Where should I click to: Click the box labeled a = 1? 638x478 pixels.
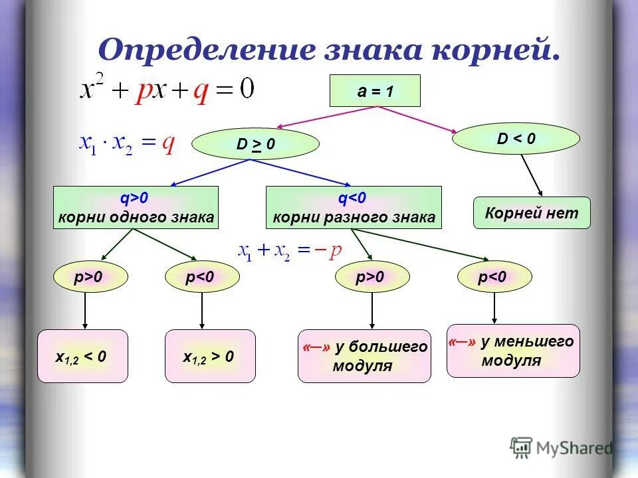(x=375, y=91)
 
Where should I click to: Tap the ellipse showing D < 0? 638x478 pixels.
(x=516, y=139)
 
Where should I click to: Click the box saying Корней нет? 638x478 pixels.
(x=532, y=213)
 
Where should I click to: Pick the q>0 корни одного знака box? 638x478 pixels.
(x=136, y=208)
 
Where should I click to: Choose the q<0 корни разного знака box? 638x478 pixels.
(x=353, y=208)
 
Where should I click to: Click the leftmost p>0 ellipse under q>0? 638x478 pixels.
(x=88, y=278)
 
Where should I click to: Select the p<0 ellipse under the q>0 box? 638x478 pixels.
(x=201, y=278)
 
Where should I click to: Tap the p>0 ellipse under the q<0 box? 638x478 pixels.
(x=371, y=278)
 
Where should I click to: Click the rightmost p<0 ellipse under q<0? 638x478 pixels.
(x=494, y=277)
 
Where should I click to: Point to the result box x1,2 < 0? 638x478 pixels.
(x=82, y=357)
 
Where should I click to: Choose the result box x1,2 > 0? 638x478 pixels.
(x=209, y=357)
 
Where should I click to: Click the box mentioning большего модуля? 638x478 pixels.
(x=364, y=357)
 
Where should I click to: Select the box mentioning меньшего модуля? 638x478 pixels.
(x=512, y=351)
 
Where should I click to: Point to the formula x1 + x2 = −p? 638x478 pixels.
(x=290, y=250)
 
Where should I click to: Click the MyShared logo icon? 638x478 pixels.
(x=521, y=447)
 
